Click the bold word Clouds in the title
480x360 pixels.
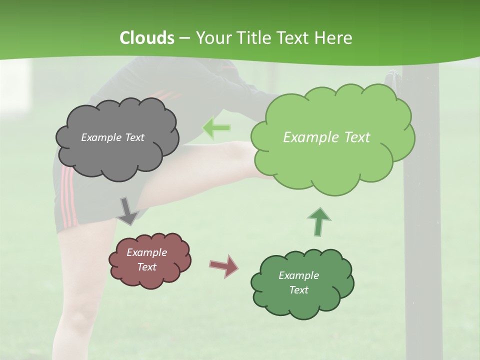[147, 37]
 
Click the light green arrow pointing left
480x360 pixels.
[216, 128]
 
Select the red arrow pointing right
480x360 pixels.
[224, 265]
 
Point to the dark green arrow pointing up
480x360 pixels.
[319, 221]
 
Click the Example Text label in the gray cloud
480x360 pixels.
[112, 137]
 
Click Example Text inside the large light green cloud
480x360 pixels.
[326, 137]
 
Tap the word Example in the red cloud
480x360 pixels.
[146, 252]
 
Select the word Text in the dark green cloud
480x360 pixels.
[298, 290]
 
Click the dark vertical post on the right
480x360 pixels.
[422, 225]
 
